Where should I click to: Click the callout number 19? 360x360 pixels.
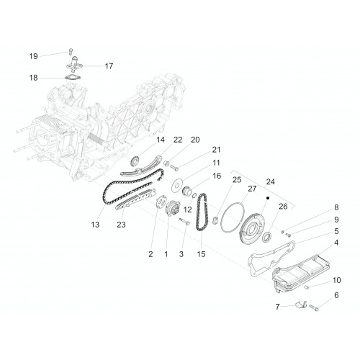34,56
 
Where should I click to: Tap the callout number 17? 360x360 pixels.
109,66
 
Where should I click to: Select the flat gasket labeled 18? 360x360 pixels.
73,78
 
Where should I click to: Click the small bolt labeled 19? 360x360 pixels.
71,51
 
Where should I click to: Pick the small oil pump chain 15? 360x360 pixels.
202,212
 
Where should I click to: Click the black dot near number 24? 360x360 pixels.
268,198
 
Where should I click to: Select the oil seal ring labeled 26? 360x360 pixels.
267,237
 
